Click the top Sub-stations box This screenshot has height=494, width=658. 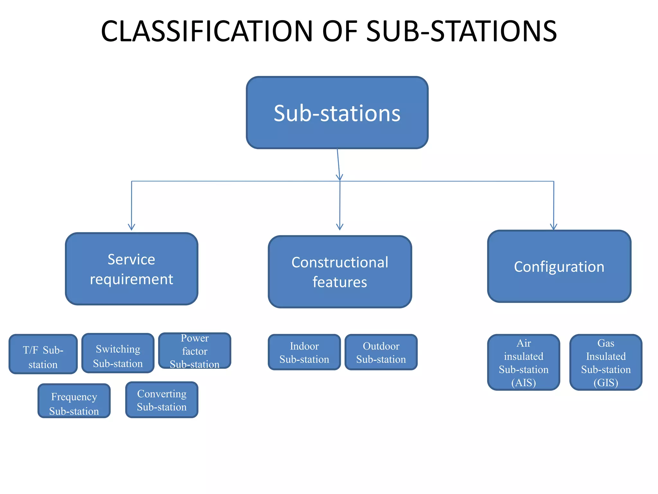(x=337, y=113)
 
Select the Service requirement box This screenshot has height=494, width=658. (x=131, y=269)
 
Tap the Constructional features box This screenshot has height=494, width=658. (x=340, y=272)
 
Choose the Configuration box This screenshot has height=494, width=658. (x=559, y=266)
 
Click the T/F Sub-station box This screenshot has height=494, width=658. (x=43, y=354)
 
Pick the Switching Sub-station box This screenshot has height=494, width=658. (x=118, y=353)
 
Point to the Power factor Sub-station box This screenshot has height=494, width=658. (x=195, y=351)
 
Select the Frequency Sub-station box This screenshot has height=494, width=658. (x=74, y=401)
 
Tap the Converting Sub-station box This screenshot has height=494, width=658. (x=162, y=400)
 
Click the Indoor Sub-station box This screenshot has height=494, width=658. (x=304, y=352)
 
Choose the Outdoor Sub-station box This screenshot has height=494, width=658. (x=381, y=352)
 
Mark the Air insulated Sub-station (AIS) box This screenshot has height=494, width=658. (x=523, y=362)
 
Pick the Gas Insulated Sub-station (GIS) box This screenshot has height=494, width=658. (x=606, y=362)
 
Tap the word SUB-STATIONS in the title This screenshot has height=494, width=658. (x=461, y=31)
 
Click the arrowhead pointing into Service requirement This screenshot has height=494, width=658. (x=131, y=227)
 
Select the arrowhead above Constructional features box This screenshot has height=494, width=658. (x=340, y=227)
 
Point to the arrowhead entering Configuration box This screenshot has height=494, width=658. (x=553, y=227)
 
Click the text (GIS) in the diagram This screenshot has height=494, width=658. (x=606, y=383)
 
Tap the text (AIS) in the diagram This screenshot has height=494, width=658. (x=523, y=383)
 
